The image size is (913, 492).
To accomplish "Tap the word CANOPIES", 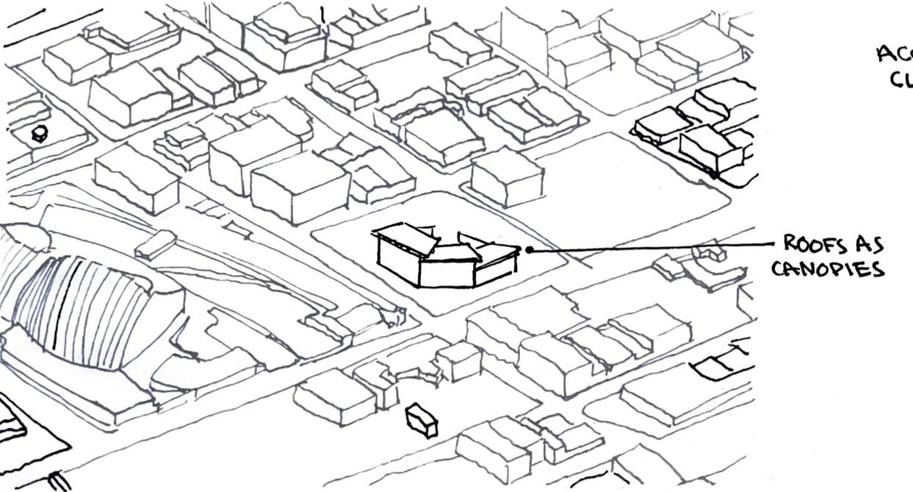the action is pyautogui.click(x=827, y=268).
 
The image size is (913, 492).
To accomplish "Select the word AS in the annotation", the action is pyautogui.click(x=870, y=244).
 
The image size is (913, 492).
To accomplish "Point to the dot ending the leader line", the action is pyautogui.click(x=529, y=249).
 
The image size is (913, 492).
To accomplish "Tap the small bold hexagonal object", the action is pyautogui.click(x=40, y=134).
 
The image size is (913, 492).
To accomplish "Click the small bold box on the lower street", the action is pyautogui.click(x=422, y=421).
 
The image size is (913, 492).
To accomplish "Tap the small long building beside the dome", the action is pyautogui.click(x=155, y=245).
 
